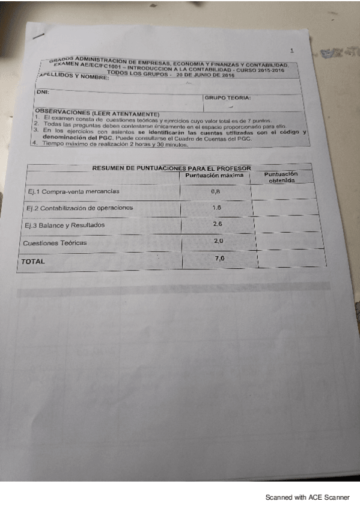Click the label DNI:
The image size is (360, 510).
click(x=41, y=91)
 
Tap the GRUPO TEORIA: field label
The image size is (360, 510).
click(x=227, y=97)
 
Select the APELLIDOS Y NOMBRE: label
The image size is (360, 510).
click(x=73, y=76)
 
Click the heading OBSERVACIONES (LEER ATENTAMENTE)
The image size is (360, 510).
click(x=97, y=113)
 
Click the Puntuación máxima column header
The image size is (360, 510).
click(x=214, y=176)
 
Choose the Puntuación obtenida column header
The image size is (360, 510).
click(x=281, y=177)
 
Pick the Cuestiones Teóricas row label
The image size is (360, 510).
click(x=55, y=243)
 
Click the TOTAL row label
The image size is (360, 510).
click(x=33, y=262)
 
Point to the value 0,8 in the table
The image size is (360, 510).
click(x=216, y=191)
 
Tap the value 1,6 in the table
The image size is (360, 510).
click(x=217, y=207)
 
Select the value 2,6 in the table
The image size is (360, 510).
click(x=218, y=224)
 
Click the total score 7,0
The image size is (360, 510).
click(x=220, y=258)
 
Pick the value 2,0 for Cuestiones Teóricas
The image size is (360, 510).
click(x=219, y=241)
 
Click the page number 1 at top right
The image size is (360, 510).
click(x=291, y=51)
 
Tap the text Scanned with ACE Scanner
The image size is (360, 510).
click(x=307, y=497)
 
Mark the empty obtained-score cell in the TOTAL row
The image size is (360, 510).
click(x=291, y=259)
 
